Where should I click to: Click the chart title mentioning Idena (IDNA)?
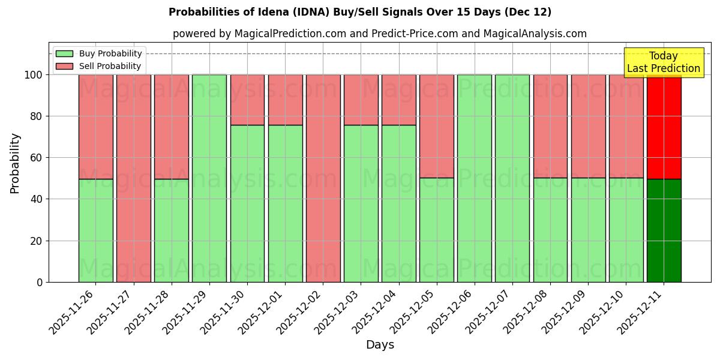point(360,12)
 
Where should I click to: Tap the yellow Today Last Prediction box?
point(663,62)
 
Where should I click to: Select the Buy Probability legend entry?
point(99,54)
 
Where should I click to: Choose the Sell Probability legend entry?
point(99,66)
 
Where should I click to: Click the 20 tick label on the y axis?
point(38,241)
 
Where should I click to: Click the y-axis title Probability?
point(15,163)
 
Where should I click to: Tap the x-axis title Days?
point(380,345)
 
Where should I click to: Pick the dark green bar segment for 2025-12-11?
point(664,230)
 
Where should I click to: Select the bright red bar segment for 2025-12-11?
point(664,127)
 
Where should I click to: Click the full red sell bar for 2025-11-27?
point(134,178)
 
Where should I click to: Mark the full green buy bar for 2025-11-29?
point(209,178)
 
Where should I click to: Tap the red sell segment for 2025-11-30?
point(247,100)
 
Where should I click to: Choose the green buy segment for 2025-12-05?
point(436,230)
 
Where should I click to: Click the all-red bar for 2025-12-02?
point(323,178)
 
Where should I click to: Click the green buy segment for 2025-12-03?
point(361,203)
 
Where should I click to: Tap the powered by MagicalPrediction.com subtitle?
point(380,34)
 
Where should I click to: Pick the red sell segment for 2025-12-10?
point(626,126)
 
